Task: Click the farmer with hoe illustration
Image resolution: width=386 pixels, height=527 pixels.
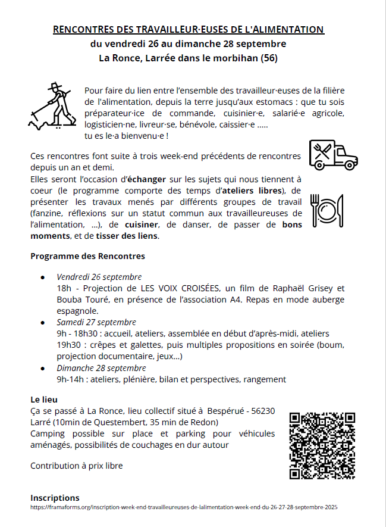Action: coord(53,106)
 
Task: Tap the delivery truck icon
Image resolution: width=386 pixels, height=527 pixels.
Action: coord(332,155)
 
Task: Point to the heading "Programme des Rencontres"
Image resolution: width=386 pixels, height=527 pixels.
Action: coord(87,256)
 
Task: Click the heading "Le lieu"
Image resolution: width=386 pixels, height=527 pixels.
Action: coord(44,399)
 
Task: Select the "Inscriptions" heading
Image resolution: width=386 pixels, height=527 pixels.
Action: coord(55,498)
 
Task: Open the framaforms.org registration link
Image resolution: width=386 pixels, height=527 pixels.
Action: coord(184,507)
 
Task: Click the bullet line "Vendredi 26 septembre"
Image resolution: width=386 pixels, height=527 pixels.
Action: coord(99,277)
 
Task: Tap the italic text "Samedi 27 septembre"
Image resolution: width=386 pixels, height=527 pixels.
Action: coord(96,322)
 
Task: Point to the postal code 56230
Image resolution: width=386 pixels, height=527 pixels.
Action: coord(262,410)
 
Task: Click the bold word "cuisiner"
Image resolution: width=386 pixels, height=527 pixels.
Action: coord(142,224)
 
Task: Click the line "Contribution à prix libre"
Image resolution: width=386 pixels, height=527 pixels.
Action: coord(76,465)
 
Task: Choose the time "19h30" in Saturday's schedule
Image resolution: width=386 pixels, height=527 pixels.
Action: coord(68,345)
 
